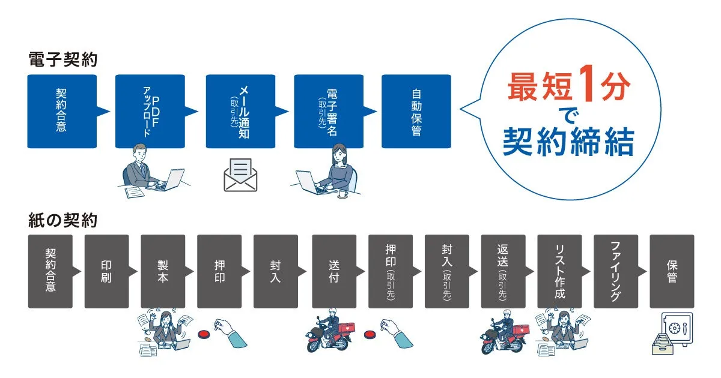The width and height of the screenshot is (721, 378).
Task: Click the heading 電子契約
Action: click(62, 61)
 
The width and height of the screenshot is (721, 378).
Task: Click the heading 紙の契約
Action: click(62, 221)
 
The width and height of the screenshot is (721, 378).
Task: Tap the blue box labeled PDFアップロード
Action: click(150, 111)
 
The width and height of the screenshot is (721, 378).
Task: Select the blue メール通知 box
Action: click(240, 111)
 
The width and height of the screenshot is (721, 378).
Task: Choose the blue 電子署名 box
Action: click(328, 111)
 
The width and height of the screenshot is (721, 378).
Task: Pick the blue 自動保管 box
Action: click(416, 111)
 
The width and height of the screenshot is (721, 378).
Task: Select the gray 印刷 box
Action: click(106, 271)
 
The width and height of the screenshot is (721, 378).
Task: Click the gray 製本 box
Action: click(163, 271)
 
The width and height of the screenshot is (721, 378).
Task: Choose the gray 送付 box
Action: click(334, 271)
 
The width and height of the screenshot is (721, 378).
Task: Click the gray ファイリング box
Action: click(616, 271)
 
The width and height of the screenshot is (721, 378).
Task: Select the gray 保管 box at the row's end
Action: click(672, 271)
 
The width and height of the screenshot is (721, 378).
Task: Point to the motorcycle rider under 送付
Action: click(329, 331)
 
